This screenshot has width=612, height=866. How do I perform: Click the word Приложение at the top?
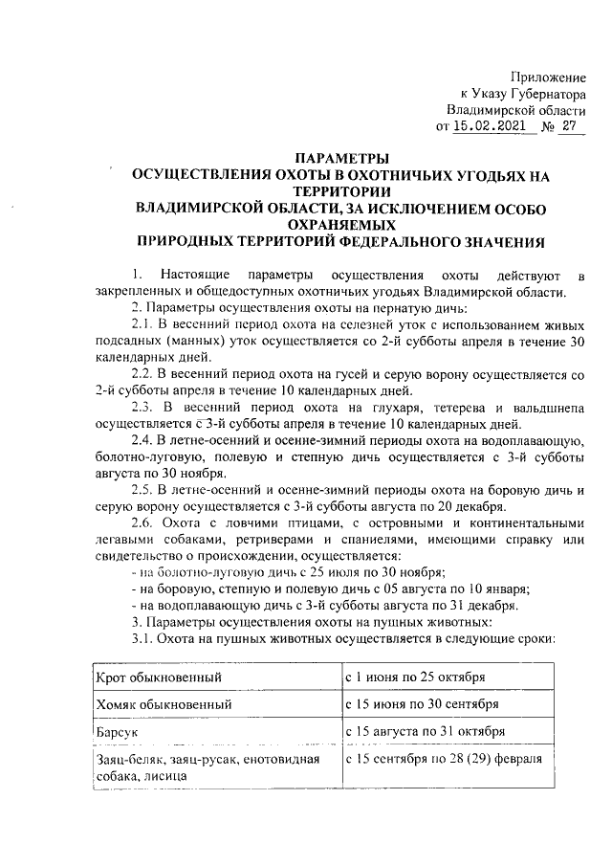[x=548, y=76]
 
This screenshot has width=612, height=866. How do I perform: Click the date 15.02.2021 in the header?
[x=488, y=125]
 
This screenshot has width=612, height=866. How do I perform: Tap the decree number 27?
[x=572, y=125]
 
